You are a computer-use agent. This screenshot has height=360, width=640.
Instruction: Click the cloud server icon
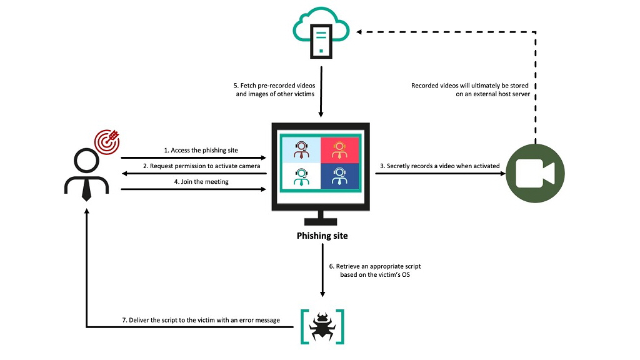point(321,32)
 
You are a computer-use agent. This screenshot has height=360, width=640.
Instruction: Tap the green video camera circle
point(535,173)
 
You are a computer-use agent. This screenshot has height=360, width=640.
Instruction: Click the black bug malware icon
point(322,326)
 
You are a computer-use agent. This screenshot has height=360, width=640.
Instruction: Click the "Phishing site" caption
point(322,236)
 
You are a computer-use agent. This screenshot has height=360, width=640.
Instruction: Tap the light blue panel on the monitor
point(301,150)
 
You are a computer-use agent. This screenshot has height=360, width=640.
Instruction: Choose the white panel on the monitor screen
point(301,176)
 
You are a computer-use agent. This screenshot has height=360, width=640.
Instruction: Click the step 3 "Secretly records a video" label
point(440,166)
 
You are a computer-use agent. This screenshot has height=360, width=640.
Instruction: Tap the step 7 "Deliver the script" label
point(201,320)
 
